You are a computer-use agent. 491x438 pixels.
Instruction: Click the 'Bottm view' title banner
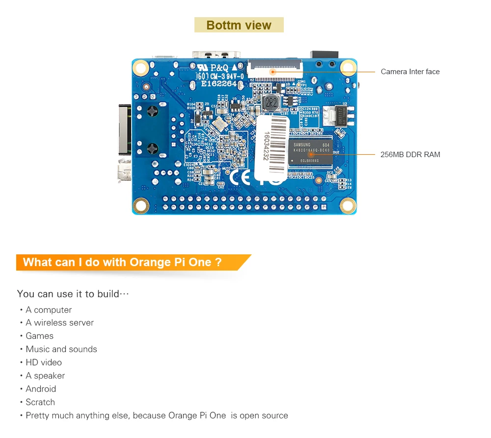pyautogui.click(x=239, y=25)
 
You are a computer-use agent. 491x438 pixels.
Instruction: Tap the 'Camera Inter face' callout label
pyautogui.click(x=410, y=72)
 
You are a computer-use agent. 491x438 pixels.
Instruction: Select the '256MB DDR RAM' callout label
pyautogui.click(x=410, y=155)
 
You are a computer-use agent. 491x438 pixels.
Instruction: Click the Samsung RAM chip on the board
pyautogui.click(x=310, y=152)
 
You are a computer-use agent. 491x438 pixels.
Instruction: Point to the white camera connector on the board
pyautogui.click(x=274, y=68)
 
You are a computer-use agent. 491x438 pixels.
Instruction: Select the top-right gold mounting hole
pyautogui.click(x=348, y=67)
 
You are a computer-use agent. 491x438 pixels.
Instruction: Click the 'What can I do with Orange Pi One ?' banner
pyautogui.click(x=123, y=262)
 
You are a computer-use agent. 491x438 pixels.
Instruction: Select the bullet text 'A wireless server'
pyautogui.click(x=59, y=323)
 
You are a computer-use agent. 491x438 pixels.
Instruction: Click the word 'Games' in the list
pyautogui.click(x=40, y=336)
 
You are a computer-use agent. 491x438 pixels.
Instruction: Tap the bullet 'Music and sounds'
pyautogui.click(x=61, y=349)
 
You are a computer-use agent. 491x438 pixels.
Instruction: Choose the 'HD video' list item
pyautogui.click(x=44, y=362)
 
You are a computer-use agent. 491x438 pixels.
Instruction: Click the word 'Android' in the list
pyautogui.click(x=41, y=389)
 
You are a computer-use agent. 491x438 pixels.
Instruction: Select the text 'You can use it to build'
pyautogui.click(x=68, y=294)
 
